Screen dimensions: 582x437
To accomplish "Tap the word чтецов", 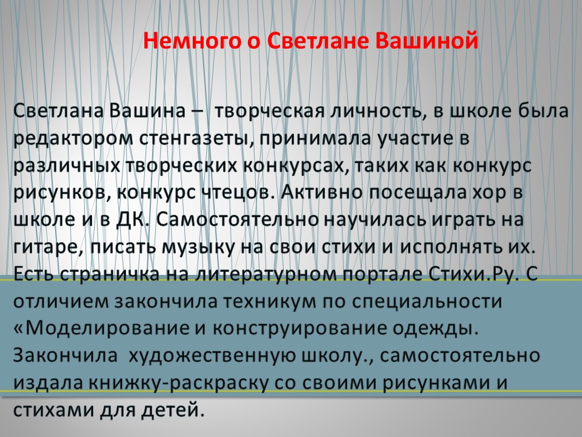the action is click(x=235, y=193).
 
